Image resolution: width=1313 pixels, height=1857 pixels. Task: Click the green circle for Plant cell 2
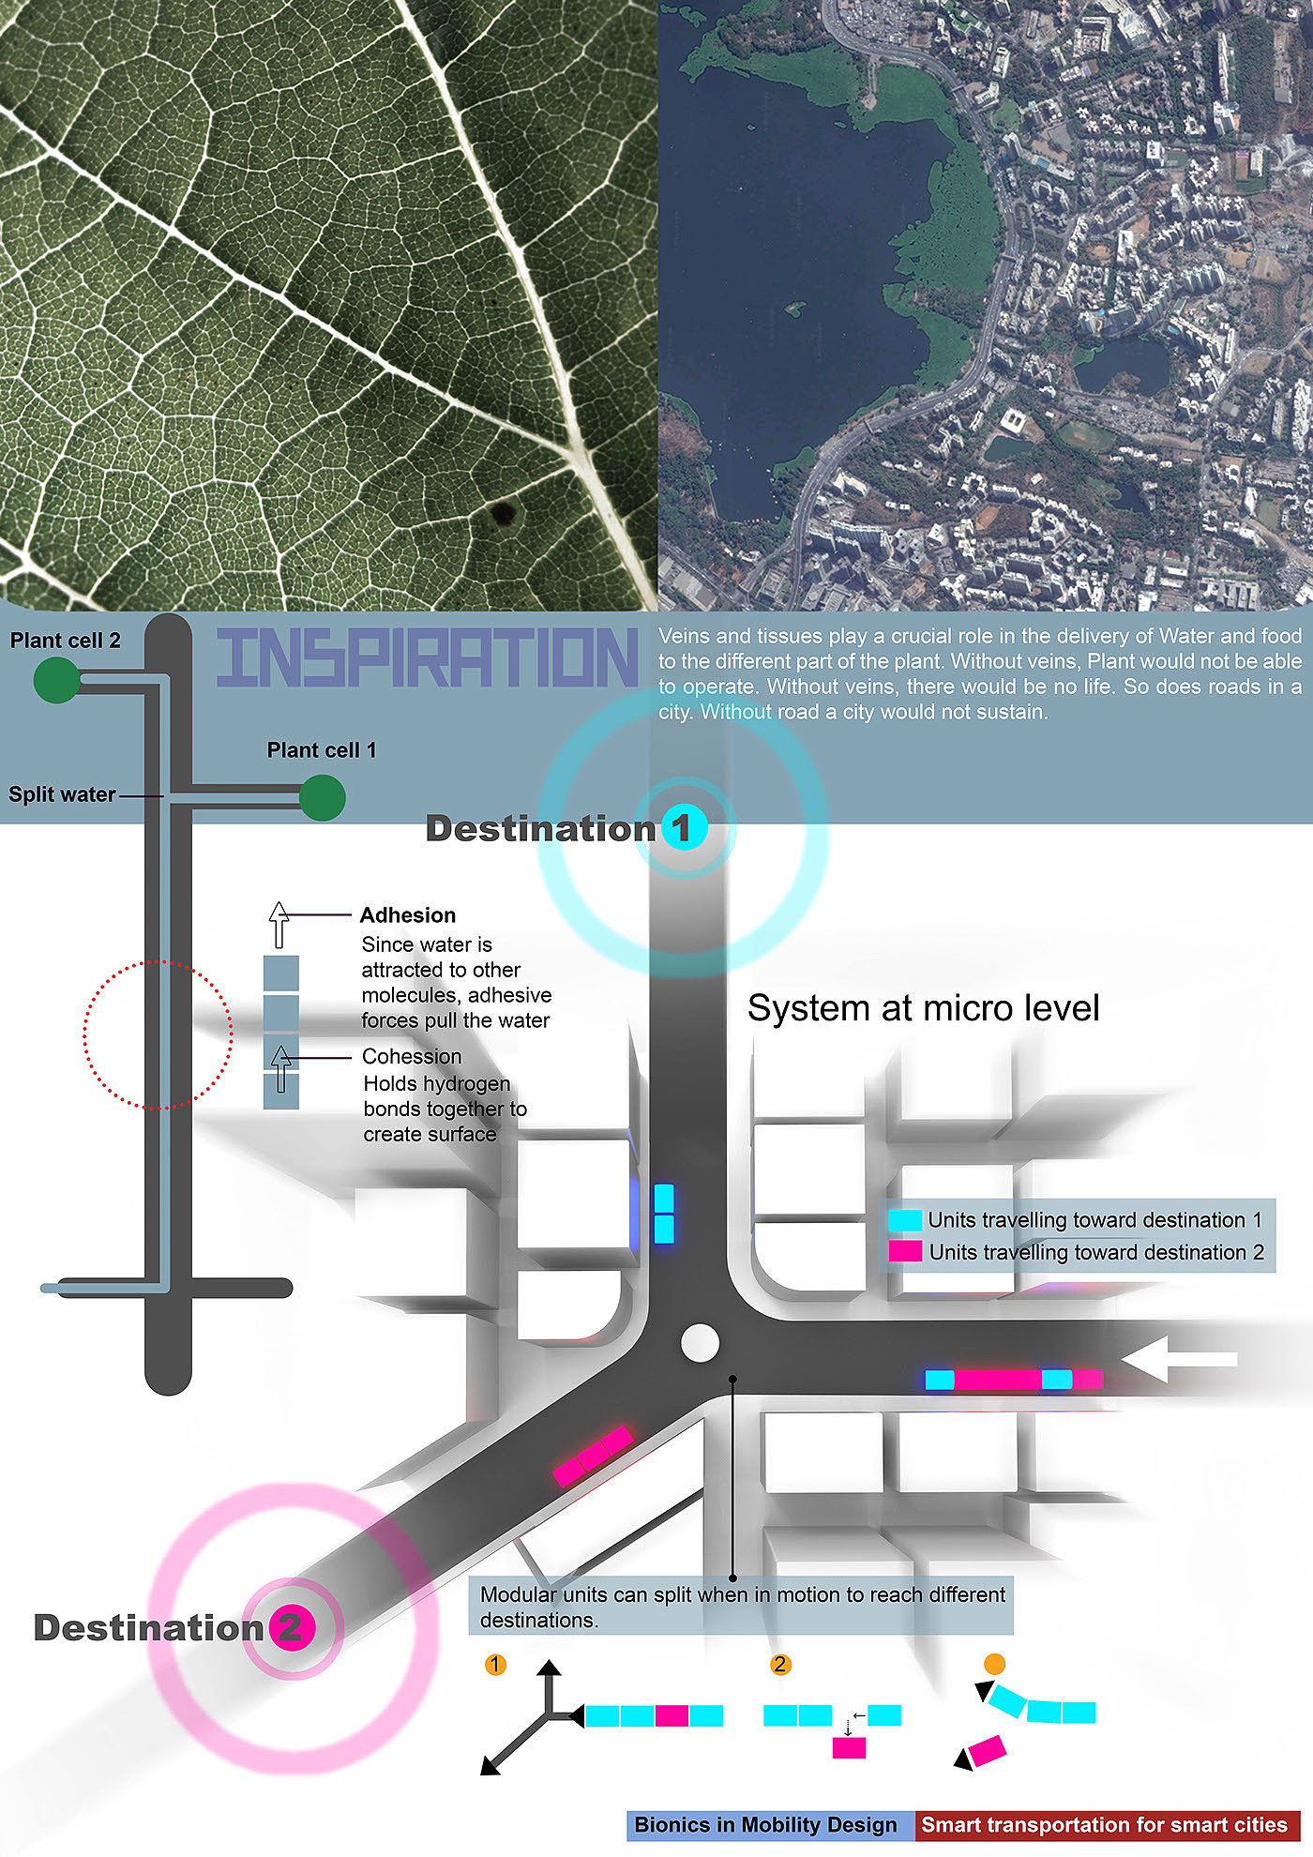click(x=56, y=680)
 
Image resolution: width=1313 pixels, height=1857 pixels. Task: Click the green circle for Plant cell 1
click(x=323, y=797)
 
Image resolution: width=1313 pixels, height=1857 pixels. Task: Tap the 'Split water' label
click(x=62, y=794)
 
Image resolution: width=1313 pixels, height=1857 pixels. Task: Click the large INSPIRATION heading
click(x=427, y=657)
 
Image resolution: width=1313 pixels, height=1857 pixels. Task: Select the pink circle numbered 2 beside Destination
click(x=291, y=1627)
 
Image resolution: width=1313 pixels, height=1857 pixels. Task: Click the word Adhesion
click(x=408, y=915)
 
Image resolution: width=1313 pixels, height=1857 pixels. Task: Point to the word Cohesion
click(x=412, y=1056)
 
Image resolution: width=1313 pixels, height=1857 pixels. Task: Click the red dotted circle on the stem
click(x=158, y=1034)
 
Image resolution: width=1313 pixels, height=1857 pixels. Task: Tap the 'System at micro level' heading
click(x=923, y=1008)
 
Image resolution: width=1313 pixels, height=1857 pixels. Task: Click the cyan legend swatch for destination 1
click(x=905, y=1220)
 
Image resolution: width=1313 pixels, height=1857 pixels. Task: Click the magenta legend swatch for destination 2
click(x=905, y=1251)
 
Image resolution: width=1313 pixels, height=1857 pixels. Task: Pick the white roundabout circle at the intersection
click(x=700, y=1343)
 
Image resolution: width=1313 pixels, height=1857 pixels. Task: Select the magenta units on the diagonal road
click(x=593, y=1457)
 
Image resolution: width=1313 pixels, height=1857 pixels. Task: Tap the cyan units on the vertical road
click(x=664, y=1214)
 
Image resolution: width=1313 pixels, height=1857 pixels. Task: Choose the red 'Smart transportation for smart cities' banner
click(x=1106, y=1825)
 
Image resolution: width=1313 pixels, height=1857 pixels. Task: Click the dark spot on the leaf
click(x=504, y=513)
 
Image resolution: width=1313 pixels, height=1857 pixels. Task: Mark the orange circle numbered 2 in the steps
click(x=780, y=1665)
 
